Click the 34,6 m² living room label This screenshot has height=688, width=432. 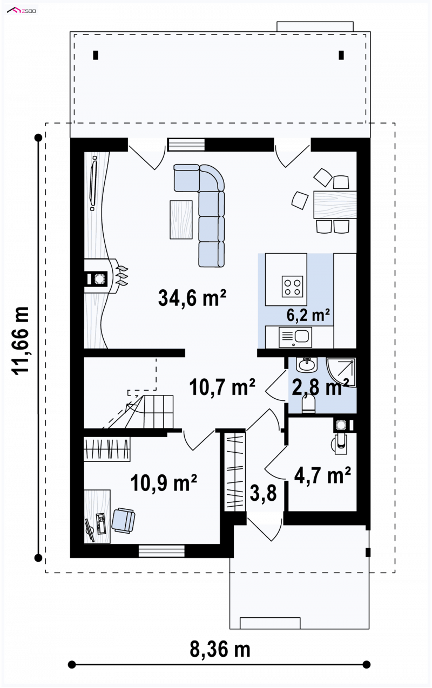(192, 298)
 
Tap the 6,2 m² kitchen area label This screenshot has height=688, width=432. (308, 315)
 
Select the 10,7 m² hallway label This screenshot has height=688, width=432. (222, 387)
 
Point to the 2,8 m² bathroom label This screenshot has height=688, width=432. (320, 387)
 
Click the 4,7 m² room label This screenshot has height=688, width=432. (322, 475)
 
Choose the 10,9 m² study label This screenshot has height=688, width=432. (164, 482)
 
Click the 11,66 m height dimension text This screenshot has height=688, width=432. (21, 340)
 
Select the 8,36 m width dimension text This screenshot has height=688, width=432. (220, 649)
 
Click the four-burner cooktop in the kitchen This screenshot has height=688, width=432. (292, 287)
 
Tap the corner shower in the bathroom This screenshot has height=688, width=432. (341, 372)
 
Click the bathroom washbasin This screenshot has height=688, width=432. (306, 365)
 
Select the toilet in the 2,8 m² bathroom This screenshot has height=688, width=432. (308, 404)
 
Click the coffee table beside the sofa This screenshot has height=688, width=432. (181, 220)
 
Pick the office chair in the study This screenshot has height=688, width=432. (123, 520)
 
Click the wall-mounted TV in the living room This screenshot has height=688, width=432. (93, 183)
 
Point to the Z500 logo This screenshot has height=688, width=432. (22, 11)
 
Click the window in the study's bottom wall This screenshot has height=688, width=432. (161, 551)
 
